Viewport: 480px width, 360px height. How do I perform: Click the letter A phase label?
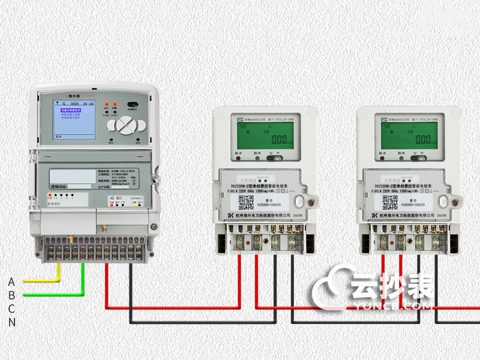coord(11,281)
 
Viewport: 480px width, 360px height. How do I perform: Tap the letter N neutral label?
coord(11,322)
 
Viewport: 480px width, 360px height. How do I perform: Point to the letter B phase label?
coord(11,295)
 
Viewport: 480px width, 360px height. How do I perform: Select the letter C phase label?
coord(11,308)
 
